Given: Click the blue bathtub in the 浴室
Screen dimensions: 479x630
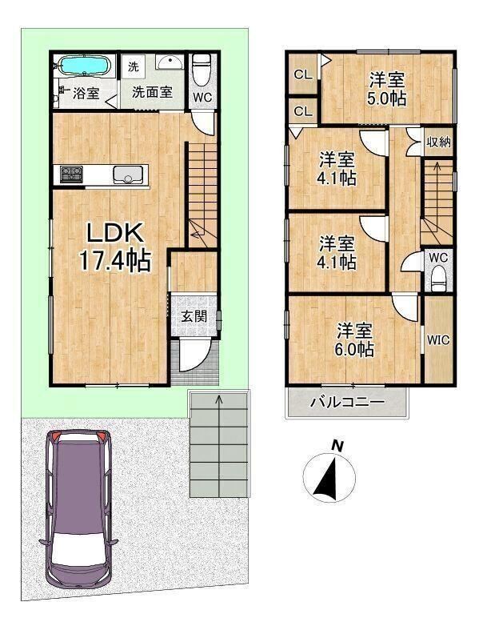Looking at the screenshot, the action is click(84, 65).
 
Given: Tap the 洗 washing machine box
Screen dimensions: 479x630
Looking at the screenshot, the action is click(133, 66).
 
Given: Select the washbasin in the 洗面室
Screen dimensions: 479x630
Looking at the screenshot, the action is click(170, 62).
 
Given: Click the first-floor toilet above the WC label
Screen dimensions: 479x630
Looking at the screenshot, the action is click(202, 69).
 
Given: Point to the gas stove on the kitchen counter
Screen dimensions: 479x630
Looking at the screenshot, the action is click(71, 175).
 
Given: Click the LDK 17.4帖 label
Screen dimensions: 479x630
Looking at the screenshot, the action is click(115, 247).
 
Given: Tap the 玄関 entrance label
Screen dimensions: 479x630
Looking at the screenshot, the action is click(194, 317).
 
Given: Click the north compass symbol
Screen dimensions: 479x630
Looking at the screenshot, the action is click(329, 477).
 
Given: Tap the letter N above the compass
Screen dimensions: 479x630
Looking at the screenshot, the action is click(337, 446).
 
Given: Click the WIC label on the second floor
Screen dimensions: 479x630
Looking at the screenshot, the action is click(438, 340).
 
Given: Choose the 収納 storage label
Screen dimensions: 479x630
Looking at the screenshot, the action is click(439, 142).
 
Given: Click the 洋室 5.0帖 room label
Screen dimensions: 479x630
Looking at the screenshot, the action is click(388, 88).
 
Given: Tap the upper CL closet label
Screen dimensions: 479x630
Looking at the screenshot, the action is click(303, 74).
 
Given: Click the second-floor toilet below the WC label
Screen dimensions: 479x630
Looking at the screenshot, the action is click(438, 279).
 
